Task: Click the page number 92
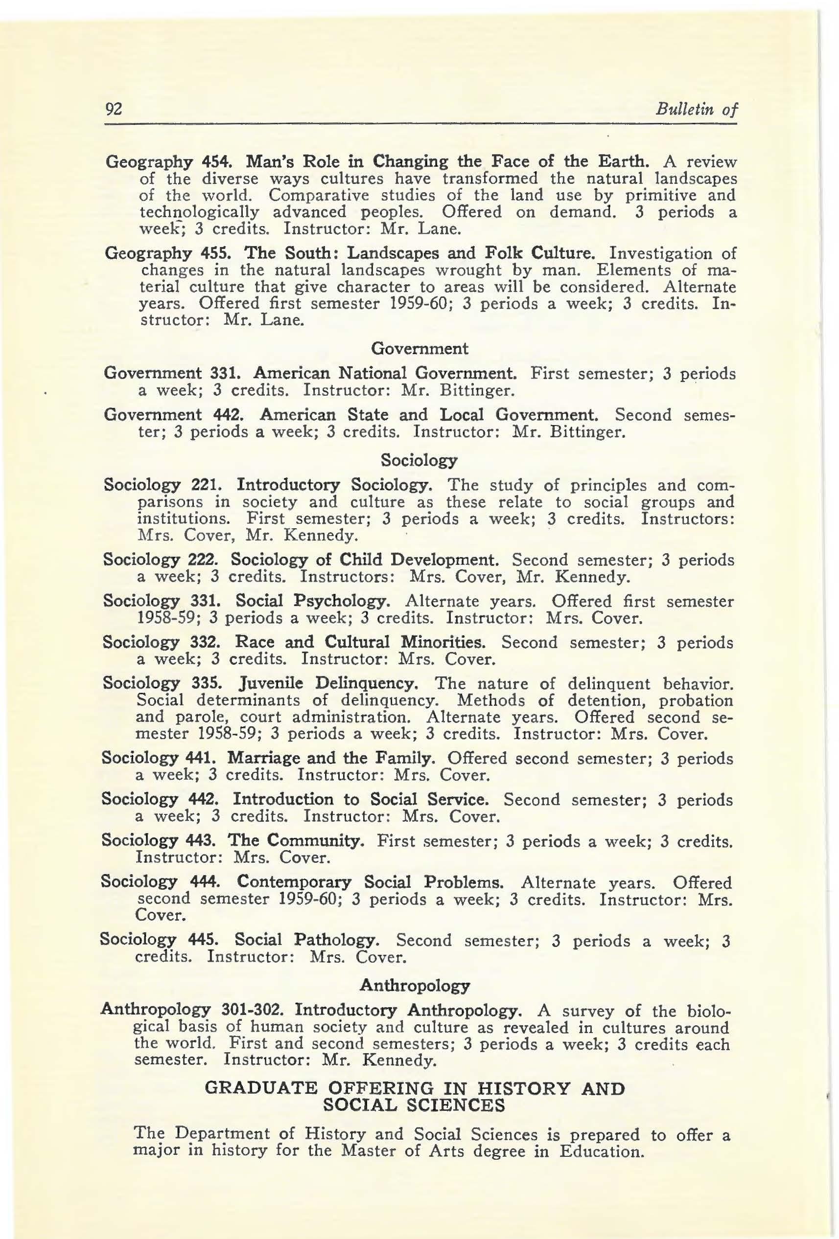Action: tap(114, 109)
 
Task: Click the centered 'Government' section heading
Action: tap(419, 349)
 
